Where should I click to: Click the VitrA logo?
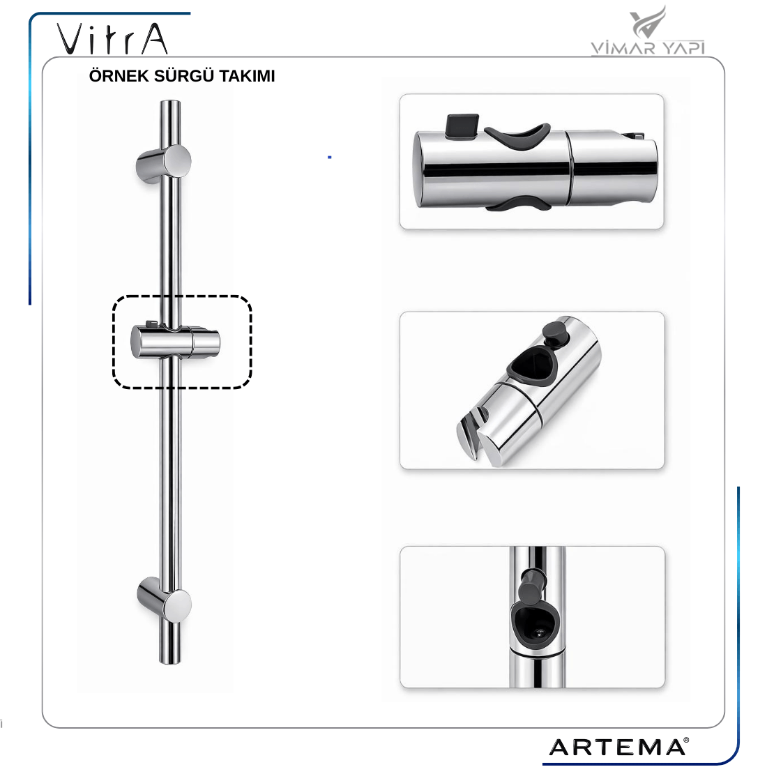coord(112,38)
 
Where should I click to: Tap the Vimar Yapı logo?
coord(648,31)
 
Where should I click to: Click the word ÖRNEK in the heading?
coord(119,76)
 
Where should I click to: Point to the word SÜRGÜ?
coord(184,76)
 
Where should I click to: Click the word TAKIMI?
coord(247,76)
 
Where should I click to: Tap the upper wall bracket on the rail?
coord(164,164)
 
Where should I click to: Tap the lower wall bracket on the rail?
coord(165,599)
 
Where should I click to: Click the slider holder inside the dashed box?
coord(175,341)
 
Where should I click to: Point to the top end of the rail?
coord(170,102)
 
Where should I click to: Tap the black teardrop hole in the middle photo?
coord(532,366)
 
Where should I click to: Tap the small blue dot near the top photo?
coord(330,157)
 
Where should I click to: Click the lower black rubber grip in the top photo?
coord(519,204)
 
